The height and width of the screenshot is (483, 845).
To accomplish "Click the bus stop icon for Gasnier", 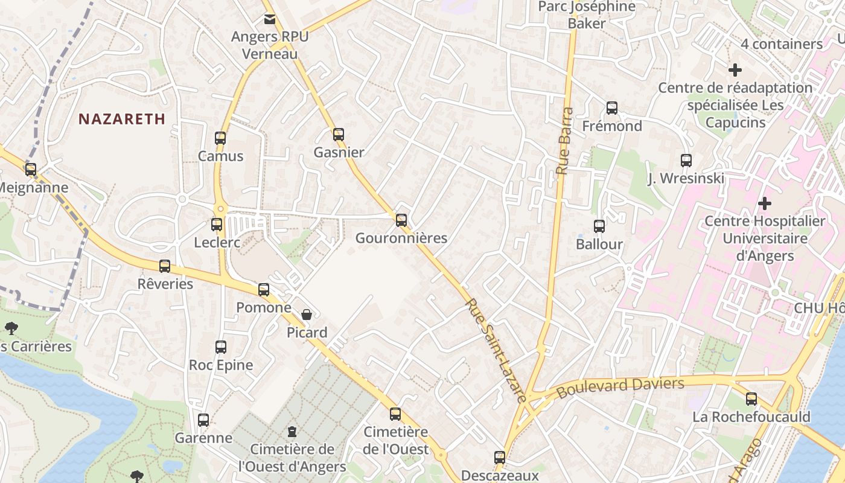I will [339, 134].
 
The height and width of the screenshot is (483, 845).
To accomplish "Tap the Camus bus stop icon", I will [220, 138].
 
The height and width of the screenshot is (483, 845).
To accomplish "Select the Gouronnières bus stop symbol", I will [401, 220].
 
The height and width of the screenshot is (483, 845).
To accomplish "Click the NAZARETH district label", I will [122, 119].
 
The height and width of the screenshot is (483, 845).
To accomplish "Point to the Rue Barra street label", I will [564, 141].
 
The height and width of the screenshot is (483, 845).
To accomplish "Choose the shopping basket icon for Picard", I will [307, 314].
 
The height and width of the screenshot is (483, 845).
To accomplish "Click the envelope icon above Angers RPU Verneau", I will [270, 19].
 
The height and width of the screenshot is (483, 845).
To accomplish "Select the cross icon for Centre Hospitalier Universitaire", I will [765, 203].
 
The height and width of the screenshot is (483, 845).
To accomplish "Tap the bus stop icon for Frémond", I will [612, 108].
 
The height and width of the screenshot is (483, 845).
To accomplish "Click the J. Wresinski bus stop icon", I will [686, 160].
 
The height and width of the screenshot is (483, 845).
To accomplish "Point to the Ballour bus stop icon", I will [599, 226].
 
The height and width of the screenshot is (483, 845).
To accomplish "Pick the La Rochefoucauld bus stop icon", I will [751, 398].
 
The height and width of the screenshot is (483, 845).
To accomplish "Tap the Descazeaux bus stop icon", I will [500, 457].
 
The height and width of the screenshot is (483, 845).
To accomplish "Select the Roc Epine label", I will [221, 365].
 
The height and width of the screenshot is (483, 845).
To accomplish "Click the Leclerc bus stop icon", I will [217, 225].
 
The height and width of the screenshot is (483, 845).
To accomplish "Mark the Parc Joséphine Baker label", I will [587, 15].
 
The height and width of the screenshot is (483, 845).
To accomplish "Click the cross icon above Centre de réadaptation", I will [735, 70].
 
